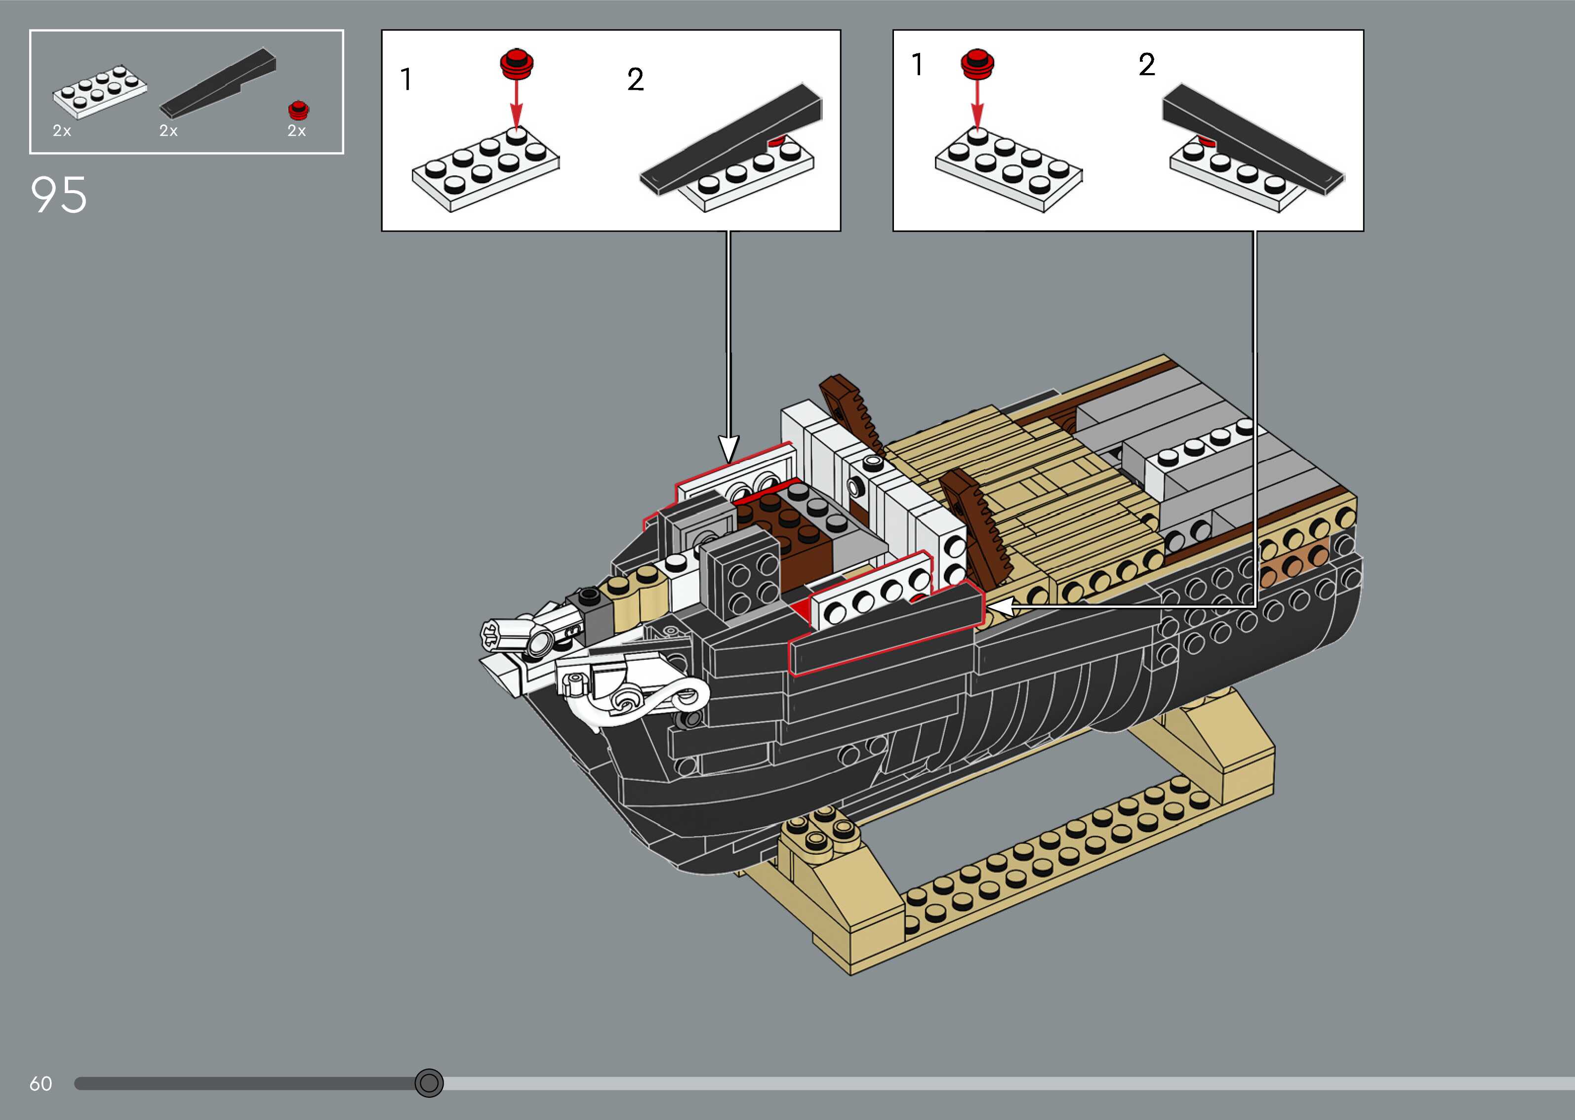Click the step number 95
click(x=59, y=195)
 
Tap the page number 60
click(x=40, y=1083)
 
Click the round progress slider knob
click(x=429, y=1083)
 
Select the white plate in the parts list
click(x=99, y=92)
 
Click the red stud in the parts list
click(x=299, y=110)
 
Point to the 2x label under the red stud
click(x=296, y=131)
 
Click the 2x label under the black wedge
click(x=168, y=131)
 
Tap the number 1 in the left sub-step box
click(x=406, y=80)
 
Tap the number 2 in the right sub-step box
click(x=1147, y=65)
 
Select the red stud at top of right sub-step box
click(x=977, y=63)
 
